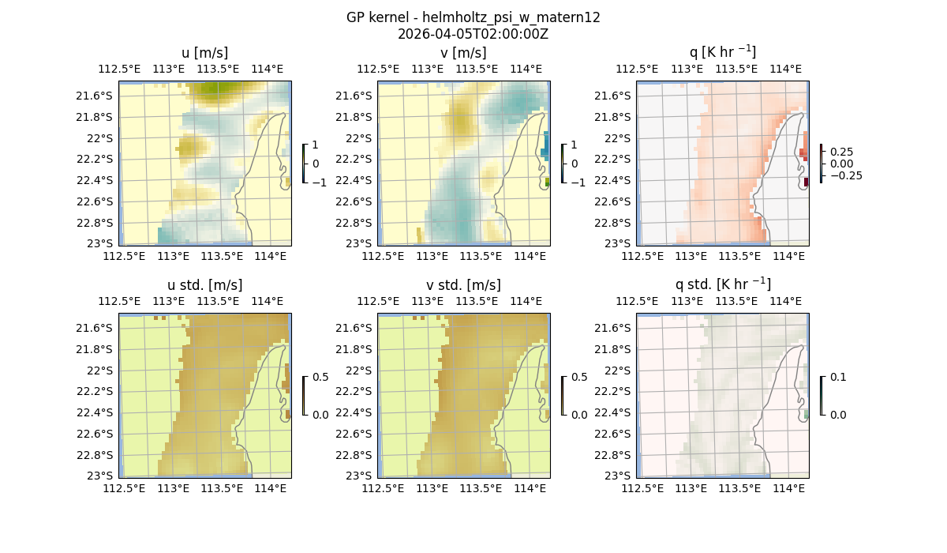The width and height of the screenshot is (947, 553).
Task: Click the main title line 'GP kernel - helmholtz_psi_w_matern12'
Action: [x=473, y=17]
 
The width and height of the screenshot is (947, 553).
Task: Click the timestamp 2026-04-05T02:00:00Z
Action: [x=473, y=34]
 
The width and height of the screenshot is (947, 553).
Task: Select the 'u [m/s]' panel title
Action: [x=204, y=53]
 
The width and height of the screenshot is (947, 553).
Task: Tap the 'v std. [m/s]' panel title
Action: [x=463, y=285]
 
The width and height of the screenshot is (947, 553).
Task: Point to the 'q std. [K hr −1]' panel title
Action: [x=722, y=284]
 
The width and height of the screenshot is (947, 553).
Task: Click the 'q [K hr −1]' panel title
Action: [x=722, y=52]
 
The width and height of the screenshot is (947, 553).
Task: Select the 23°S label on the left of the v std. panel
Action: [x=363, y=476]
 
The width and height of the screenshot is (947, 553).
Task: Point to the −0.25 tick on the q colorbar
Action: [x=845, y=175]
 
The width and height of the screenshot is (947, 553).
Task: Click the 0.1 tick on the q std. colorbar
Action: [x=837, y=377]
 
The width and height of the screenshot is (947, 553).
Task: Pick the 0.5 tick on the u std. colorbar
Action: [x=320, y=377]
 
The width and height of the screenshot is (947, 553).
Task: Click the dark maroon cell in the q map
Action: [x=806, y=182]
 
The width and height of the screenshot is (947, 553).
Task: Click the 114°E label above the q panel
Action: [x=785, y=69]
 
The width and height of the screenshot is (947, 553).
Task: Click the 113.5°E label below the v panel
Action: [x=481, y=256]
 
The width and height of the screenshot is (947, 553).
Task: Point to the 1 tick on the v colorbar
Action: [x=574, y=145]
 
